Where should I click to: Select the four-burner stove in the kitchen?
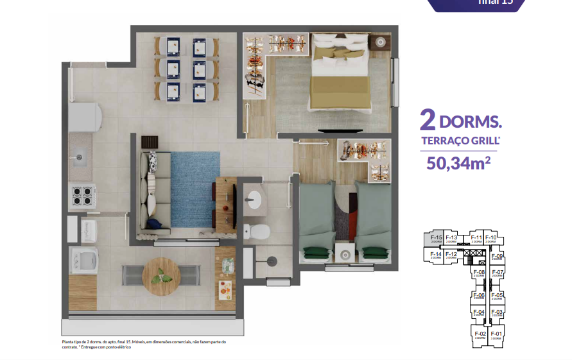pos(82,195)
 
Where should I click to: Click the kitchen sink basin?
pos(80,156)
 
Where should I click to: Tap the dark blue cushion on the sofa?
pos(155,223)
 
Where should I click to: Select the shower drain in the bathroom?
pos(271,262)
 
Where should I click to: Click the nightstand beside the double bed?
pos(380,42)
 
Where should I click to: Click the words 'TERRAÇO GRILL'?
pos(457,141)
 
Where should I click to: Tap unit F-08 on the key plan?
pos(478,274)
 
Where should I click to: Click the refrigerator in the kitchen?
pos(86,117)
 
